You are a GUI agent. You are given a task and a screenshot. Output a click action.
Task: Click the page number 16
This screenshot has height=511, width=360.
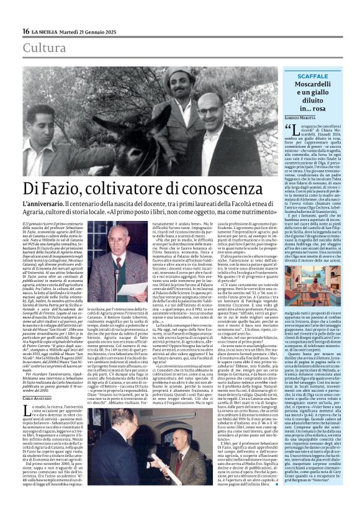tap(26, 32)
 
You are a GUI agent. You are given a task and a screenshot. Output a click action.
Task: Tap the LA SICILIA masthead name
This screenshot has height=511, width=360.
tap(47, 32)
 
